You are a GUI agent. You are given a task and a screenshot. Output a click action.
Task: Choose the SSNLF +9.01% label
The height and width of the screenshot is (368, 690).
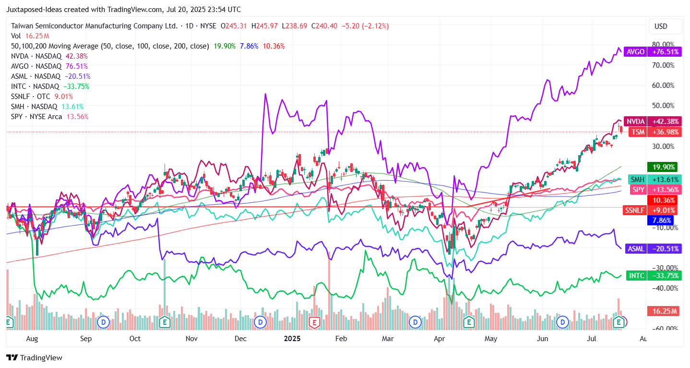[x=650, y=210]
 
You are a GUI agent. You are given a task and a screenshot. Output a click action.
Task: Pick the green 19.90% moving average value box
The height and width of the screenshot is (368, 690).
[x=662, y=167]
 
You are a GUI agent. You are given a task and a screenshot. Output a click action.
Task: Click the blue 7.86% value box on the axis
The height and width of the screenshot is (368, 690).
[x=662, y=221]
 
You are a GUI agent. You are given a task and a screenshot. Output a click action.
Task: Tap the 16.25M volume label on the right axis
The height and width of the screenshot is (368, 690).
[x=663, y=311]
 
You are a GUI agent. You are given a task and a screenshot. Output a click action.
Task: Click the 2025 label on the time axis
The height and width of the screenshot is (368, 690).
[x=292, y=339]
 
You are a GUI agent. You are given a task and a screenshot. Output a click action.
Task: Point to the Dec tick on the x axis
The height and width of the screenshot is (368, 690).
[x=240, y=339]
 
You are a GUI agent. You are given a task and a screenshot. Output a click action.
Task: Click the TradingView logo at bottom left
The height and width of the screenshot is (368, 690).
[x=34, y=358]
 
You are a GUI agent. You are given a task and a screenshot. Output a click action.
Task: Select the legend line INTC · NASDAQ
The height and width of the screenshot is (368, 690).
[x=35, y=86]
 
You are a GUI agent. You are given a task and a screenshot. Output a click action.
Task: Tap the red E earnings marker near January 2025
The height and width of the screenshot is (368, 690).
[x=315, y=322]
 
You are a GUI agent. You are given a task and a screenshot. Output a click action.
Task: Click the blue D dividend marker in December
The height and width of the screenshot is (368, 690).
[x=261, y=322]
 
